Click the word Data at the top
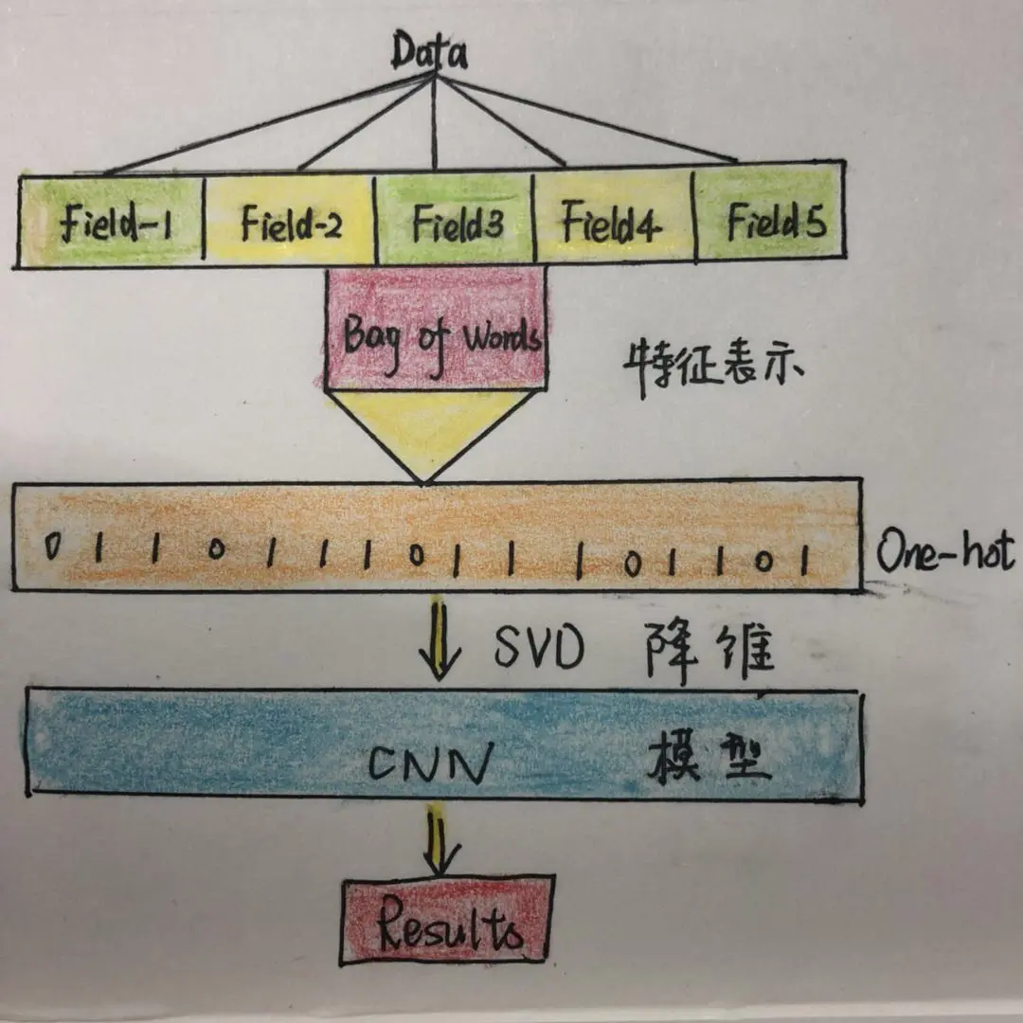point(430,53)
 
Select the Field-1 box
point(112,222)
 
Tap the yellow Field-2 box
point(291,222)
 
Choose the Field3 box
point(456,222)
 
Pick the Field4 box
point(614,222)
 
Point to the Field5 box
point(772,222)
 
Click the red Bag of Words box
point(436,332)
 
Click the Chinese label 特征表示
point(712,366)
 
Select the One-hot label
point(943,551)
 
